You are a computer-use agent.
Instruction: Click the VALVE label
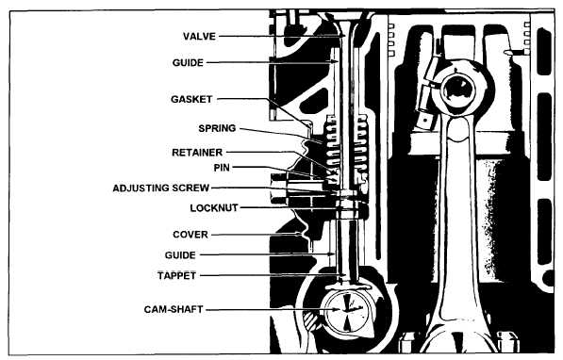[199, 36]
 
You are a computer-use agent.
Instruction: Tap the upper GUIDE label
[188, 63]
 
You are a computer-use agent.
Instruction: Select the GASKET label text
[191, 99]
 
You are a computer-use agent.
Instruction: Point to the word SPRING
[217, 128]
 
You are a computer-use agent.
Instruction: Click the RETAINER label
[197, 153]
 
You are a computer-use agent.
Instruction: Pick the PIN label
[222, 168]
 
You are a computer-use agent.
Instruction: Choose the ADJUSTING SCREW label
[161, 188]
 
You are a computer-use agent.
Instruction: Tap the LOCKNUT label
[214, 208]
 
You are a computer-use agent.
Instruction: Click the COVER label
[190, 235]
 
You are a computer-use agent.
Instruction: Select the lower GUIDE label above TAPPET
[180, 255]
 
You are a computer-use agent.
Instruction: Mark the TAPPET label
[176, 275]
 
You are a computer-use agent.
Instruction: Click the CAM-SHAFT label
[174, 309]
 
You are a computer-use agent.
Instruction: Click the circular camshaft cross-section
[347, 310]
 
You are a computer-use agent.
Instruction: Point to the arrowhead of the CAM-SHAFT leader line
[336, 309]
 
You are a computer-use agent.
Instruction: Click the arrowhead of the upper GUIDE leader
[335, 62]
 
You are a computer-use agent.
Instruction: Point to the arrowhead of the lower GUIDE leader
[331, 254]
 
